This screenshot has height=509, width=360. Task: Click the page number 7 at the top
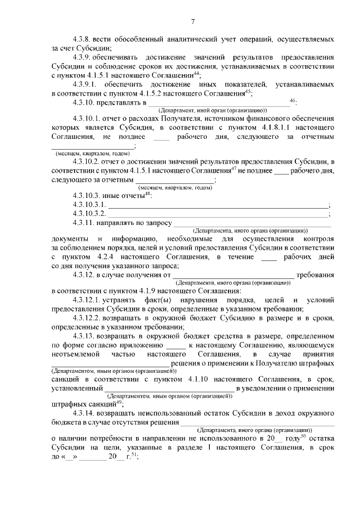192,22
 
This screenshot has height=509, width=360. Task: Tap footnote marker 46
292,100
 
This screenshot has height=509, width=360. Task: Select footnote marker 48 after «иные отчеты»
147,195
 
